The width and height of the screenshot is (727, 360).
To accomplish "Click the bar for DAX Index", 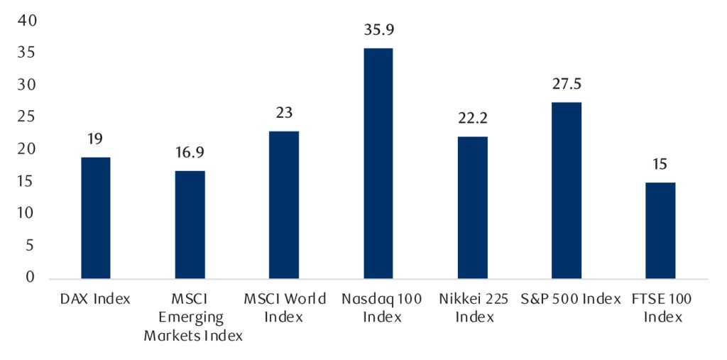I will coord(95,217).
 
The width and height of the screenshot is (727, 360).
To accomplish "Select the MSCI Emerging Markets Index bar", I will coord(190,224).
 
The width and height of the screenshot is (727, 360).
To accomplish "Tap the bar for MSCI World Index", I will coord(284,204).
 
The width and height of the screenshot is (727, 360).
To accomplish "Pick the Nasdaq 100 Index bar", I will coord(378,163).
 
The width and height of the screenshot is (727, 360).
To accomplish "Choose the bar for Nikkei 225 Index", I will coord(472,207).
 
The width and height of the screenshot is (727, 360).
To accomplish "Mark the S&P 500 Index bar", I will coord(567,190).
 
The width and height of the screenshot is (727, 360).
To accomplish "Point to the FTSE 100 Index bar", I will coord(660,230).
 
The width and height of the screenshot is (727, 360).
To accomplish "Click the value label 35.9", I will coord(378,31).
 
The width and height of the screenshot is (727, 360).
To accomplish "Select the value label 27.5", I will coord(567,84).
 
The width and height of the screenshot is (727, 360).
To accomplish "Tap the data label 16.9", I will coord(190,153).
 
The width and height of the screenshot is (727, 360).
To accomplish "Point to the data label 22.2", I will coord(472,119).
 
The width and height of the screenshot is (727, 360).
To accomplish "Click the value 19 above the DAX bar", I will coord(95,139).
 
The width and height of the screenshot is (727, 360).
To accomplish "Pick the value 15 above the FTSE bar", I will coord(660,165).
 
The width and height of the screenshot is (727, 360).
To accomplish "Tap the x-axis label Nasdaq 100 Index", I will coord(378,307).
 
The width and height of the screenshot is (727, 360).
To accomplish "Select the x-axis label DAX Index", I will coord(95,299).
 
